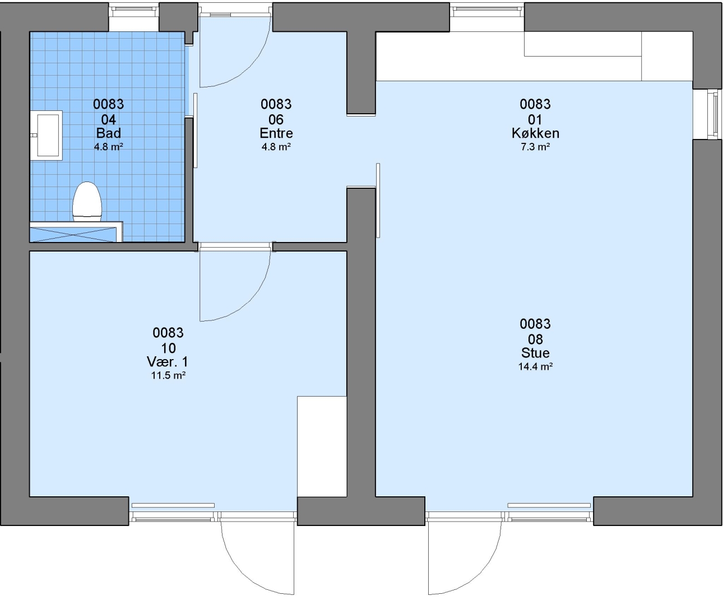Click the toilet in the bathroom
tap(87, 202)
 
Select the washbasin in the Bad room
tap(47, 136)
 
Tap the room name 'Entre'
tap(276, 133)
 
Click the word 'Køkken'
tap(535, 133)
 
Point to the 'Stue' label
tap(535, 353)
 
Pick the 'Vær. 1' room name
tap(168, 362)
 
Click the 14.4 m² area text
tap(535, 366)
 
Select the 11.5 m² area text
tap(168, 375)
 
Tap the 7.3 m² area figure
tap(535, 147)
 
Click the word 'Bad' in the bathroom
tap(108, 133)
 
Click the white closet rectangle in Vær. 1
tap(322, 446)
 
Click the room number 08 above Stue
tap(535, 339)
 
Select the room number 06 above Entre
tap(276, 120)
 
